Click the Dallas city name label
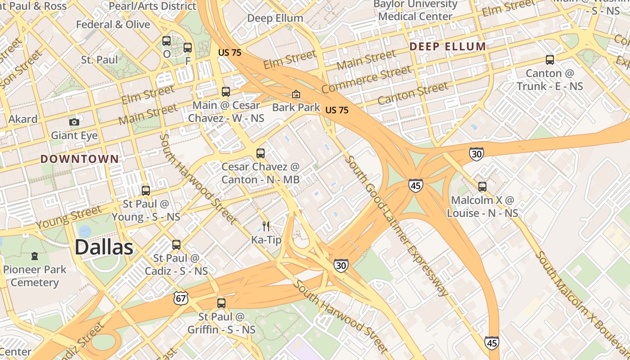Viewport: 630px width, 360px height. point(104,247)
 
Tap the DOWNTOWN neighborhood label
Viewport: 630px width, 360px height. point(80,159)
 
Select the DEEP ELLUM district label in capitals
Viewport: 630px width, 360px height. point(448,46)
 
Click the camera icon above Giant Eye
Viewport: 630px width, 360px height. point(74,122)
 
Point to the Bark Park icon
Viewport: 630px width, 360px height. point(296,94)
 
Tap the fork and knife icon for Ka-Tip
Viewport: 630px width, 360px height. point(266,226)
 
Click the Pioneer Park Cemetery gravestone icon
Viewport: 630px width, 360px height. point(35,256)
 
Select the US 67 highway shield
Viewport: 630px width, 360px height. point(181,298)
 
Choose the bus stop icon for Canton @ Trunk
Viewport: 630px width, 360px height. point(549,59)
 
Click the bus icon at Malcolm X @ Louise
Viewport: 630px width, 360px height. point(482,186)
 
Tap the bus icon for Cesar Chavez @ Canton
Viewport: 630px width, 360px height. point(261,153)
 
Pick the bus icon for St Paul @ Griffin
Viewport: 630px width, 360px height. point(221,303)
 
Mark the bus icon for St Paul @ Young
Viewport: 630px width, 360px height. point(145,190)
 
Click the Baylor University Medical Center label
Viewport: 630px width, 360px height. point(415,10)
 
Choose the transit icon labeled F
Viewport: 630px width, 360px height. point(188,48)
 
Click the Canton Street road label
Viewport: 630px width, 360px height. point(413,93)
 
